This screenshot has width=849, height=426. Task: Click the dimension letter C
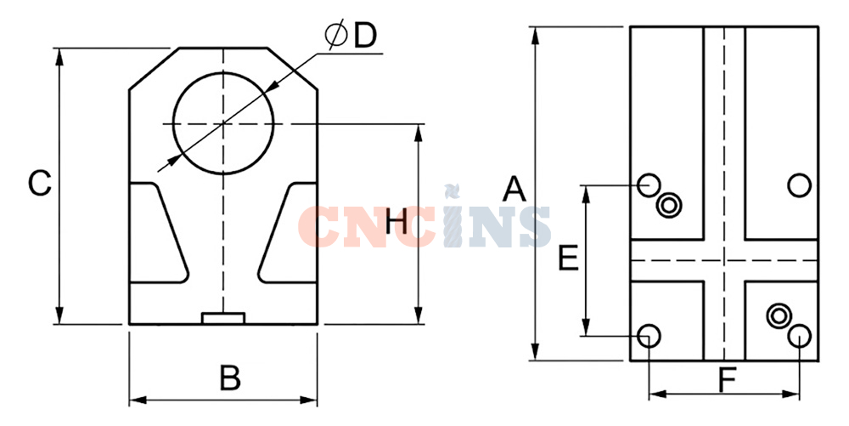pyautogui.click(x=40, y=183)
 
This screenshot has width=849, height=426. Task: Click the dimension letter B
pyautogui.click(x=230, y=378)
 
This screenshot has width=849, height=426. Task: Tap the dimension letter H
pyautogui.click(x=396, y=222)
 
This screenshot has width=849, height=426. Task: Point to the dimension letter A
pyautogui.click(x=514, y=189)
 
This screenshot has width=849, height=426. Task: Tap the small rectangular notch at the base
pyautogui.click(x=223, y=318)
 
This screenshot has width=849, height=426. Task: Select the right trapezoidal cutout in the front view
pyautogui.click(x=288, y=233)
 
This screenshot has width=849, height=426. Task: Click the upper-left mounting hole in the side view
pyautogui.click(x=648, y=185)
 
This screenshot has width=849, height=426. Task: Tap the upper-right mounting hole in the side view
pyautogui.click(x=799, y=185)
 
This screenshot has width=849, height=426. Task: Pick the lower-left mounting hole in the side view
pyautogui.click(x=649, y=336)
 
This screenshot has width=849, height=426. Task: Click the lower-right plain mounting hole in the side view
pyautogui.click(x=799, y=336)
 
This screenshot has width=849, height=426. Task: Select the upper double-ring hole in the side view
pyautogui.click(x=669, y=206)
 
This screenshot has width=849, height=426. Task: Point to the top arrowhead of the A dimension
pyautogui.click(x=536, y=35)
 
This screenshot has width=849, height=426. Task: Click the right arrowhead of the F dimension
pyautogui.click(x=791, y=394)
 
